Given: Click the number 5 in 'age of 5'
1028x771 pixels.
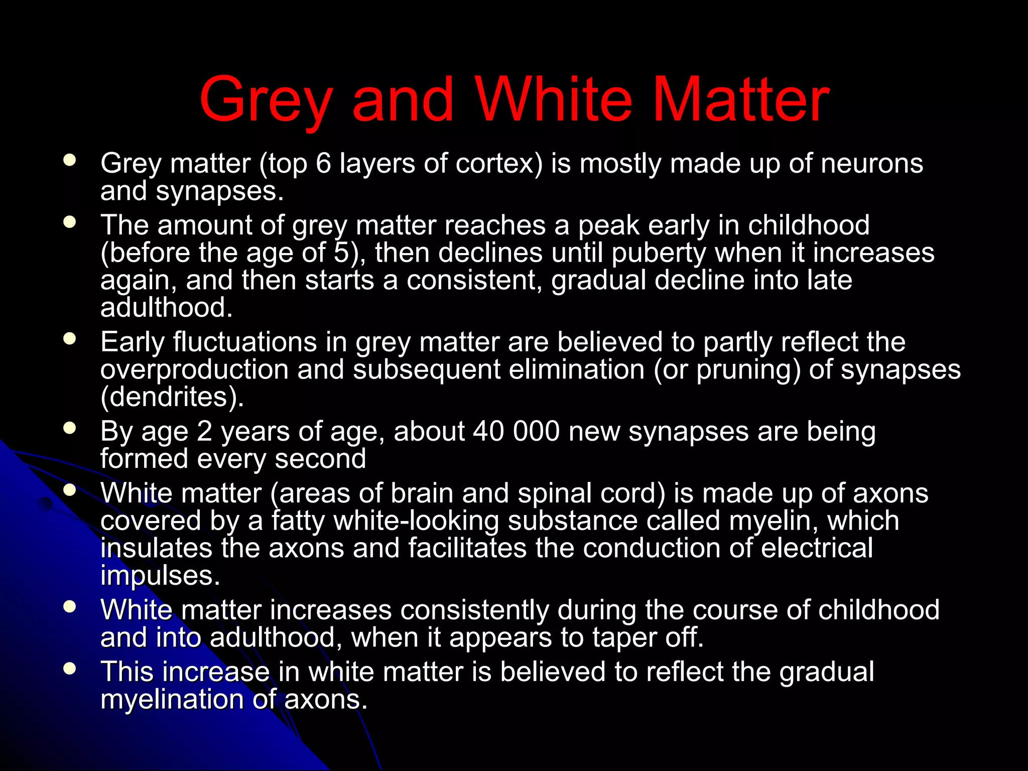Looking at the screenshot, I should [341, 252].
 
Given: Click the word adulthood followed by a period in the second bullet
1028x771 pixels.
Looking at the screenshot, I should [166, 307].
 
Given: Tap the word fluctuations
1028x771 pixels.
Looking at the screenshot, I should [245, 342].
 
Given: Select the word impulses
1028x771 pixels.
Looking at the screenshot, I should [160, 576].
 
